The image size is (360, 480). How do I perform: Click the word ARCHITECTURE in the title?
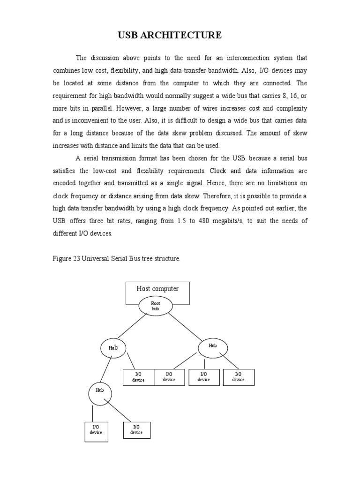(x=191, y=35)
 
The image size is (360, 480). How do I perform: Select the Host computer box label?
(x=157, y=289)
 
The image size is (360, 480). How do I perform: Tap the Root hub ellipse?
(x=156, y=307)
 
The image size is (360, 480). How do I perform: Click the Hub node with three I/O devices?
(x=213, y=347)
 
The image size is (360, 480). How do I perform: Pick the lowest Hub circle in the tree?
(x=100, y=394)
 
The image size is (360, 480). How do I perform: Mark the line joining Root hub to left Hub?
(x=132, y=326)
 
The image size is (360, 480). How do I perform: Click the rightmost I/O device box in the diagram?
(x=238, y=377)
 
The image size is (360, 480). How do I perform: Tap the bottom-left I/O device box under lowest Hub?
(x=96, y=432)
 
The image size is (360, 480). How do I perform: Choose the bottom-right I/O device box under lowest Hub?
(x=136, y=430)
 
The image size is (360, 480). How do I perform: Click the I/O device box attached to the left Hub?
(x=138, y=377)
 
